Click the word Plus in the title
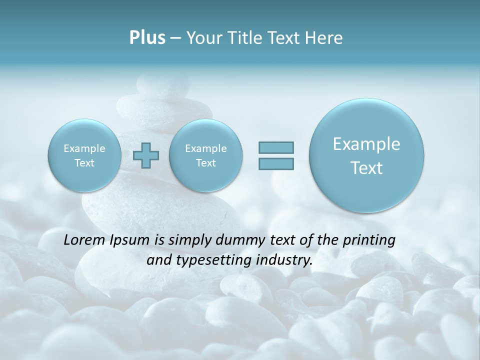pyautogui.click(x=147, y=38)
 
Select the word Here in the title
pyautogui.click(x=324, y=38)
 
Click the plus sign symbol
pyautogui.click(x=146, y=155)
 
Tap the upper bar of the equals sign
pyautogui.click(x=276, y=147)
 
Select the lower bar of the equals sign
pyautogui.click(x=276, y=163)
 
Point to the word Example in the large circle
pyautogui.click(x=366, y=144)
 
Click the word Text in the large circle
pyautogui.click(x=366, y=168)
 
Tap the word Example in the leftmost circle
pyautogui.click(x=84, y=148)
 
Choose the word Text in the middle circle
pyautogui.click(x=205, y=163)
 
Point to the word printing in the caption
pyautogui.click(x=369, y=240)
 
